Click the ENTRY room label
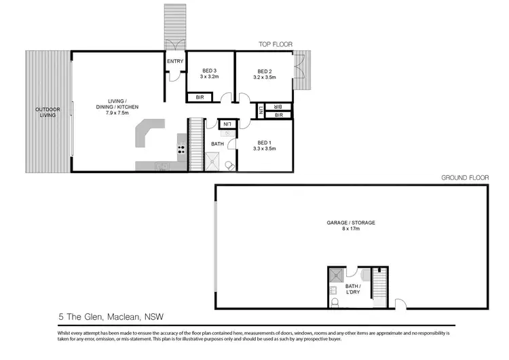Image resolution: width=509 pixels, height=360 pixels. pyautogui.click(x=174, y=61)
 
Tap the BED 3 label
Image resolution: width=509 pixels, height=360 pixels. pyautogui.click(x=210, y=71)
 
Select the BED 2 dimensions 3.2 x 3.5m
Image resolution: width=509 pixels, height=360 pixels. pyautogui.click(x=265, y=78)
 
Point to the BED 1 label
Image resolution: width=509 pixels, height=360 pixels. pyautogui.click(x=265, y=142)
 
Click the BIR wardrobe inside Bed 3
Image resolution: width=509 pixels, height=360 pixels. pyautogui.click(x=200, y=98)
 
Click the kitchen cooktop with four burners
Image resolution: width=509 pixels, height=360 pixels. pyautogui.click(x=181, y=147)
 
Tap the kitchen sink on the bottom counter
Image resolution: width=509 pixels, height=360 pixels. pyautogui.click(x=162, y=166)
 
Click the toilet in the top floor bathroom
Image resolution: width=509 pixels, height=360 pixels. pyautogui.click(x=229, y=166)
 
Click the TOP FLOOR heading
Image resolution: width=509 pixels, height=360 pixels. pyautogui.click(x=275, y=44)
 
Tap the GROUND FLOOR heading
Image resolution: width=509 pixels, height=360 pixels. pyautogui.click(x=465, y=177)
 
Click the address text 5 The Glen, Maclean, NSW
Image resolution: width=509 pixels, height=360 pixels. pyautogui.click(x=111, y=317)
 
